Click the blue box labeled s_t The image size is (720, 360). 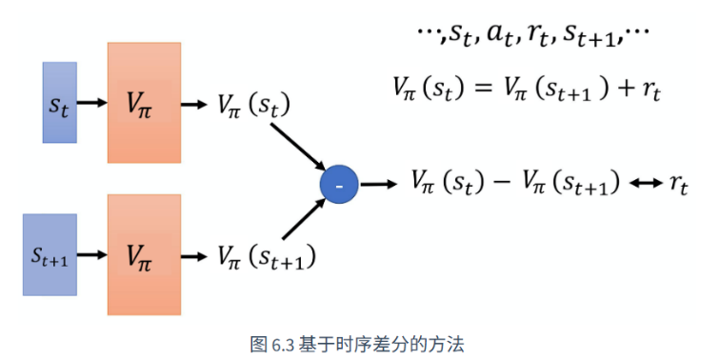[x=60, y=103]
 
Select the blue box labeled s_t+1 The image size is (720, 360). [x=50, y=254]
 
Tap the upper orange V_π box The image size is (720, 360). [x=144, y=103]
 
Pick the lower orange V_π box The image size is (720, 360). [x=144, y=254]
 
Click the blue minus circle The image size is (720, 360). [x=339, y=185]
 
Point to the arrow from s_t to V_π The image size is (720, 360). [x=91, y=103]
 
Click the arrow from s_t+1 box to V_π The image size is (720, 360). [x=91, y=254]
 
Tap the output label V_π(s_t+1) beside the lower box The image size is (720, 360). [x=267, y=257]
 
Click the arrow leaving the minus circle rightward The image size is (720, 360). [x=378, y=185]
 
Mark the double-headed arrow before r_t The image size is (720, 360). [x=646, y=184]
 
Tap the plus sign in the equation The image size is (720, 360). [x=623, y=88]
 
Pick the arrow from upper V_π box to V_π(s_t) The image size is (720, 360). [x=194, y=105]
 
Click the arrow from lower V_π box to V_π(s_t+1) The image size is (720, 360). [x=194, y=256]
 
